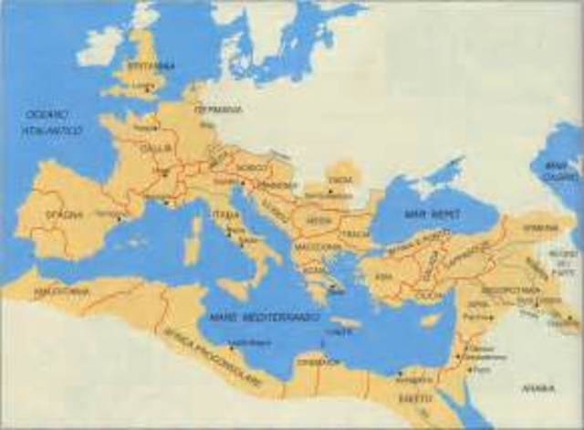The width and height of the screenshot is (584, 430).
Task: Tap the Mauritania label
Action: point(62,291)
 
